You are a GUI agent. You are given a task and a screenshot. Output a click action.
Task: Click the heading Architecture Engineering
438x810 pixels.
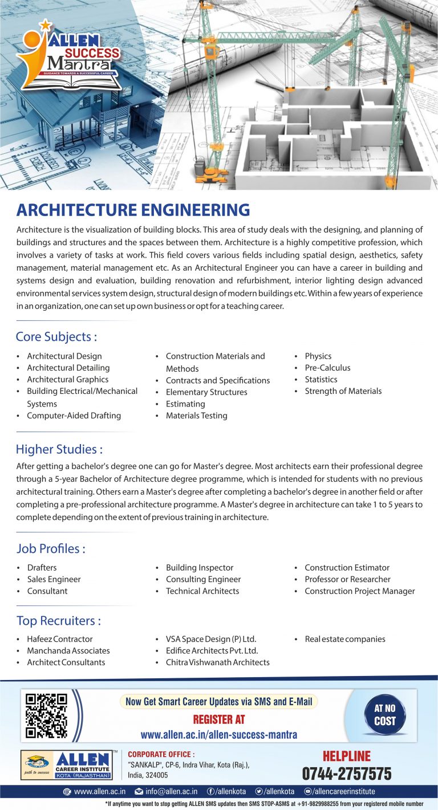tap(133, 210)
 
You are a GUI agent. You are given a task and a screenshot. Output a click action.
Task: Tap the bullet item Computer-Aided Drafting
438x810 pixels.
tap(74, 416)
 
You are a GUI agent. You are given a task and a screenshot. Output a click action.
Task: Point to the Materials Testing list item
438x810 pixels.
tap(196, 416)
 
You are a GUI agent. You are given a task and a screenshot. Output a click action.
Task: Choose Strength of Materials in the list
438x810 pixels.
tap(343, 391)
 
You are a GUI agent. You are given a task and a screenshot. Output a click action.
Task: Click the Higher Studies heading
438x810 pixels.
tap(59, 449)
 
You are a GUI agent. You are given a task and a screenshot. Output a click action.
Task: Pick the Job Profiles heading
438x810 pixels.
tap(51, 548)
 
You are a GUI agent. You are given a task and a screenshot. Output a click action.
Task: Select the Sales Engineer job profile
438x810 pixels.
tap(54, 579)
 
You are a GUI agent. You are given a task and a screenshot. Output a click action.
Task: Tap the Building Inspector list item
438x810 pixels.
tap(200, 568)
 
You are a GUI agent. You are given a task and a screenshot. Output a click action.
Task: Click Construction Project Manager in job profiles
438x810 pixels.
tap(359, 591)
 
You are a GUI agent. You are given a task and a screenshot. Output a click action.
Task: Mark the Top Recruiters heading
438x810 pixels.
tap(58, 620)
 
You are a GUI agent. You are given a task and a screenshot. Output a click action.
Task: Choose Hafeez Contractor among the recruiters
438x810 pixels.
tap(59, 639)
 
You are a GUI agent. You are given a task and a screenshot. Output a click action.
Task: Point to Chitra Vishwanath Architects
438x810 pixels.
tap(217, 662)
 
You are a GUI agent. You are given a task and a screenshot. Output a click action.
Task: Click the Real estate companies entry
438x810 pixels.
tap(344, 639)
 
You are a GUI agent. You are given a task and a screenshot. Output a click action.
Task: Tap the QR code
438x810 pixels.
tap(47, 715)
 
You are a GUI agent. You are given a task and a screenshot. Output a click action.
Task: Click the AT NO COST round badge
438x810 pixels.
tap(384, 715)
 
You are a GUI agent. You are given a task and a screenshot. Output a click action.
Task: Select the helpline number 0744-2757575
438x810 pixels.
tap(347, 774)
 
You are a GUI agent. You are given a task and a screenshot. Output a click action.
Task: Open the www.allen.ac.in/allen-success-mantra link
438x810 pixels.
tap(219, 735)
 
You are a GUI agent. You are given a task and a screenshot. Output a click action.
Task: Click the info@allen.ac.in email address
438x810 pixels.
tap(171, 792)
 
